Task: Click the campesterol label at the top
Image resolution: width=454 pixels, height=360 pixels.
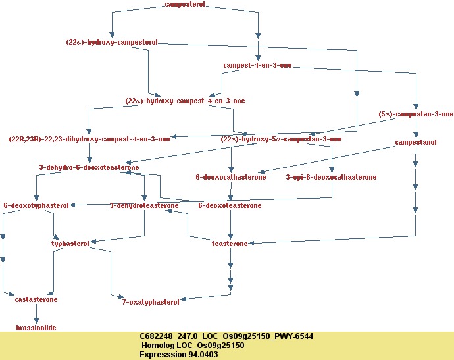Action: (185, 5)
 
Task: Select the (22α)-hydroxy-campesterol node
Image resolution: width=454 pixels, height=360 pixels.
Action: (112, 42)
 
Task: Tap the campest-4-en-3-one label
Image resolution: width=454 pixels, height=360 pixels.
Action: (257, 66)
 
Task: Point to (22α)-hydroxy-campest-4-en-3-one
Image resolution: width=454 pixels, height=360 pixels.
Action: (185, 101)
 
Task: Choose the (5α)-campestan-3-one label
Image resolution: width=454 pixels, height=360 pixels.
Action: (416, 114)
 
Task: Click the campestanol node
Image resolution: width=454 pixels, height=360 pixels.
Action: (416, 142)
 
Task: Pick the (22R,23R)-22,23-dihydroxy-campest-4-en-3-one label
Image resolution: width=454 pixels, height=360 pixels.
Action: (89, 139)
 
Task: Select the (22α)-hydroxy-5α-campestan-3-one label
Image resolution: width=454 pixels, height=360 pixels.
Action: (281, 139)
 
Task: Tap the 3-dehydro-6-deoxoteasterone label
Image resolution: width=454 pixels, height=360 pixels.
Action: (89, 167)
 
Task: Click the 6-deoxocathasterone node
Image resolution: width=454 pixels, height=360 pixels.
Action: (231, 177)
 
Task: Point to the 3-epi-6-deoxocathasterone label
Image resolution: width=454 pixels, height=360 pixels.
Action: (331, 177)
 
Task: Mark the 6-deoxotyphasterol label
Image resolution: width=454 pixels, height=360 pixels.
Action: (36, 205)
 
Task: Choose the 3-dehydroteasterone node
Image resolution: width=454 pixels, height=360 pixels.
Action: (144, 205)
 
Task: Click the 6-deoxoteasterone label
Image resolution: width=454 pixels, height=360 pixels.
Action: (230, 205)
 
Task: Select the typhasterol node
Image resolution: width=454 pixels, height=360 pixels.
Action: (70, 244)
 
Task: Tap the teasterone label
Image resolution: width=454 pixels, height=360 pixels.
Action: (230, 244)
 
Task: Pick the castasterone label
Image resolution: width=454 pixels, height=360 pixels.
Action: (36, 299)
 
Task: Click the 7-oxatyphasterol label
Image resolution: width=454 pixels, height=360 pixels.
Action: (151, 302)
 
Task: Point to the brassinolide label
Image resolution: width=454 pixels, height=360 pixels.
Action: (36, 327)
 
